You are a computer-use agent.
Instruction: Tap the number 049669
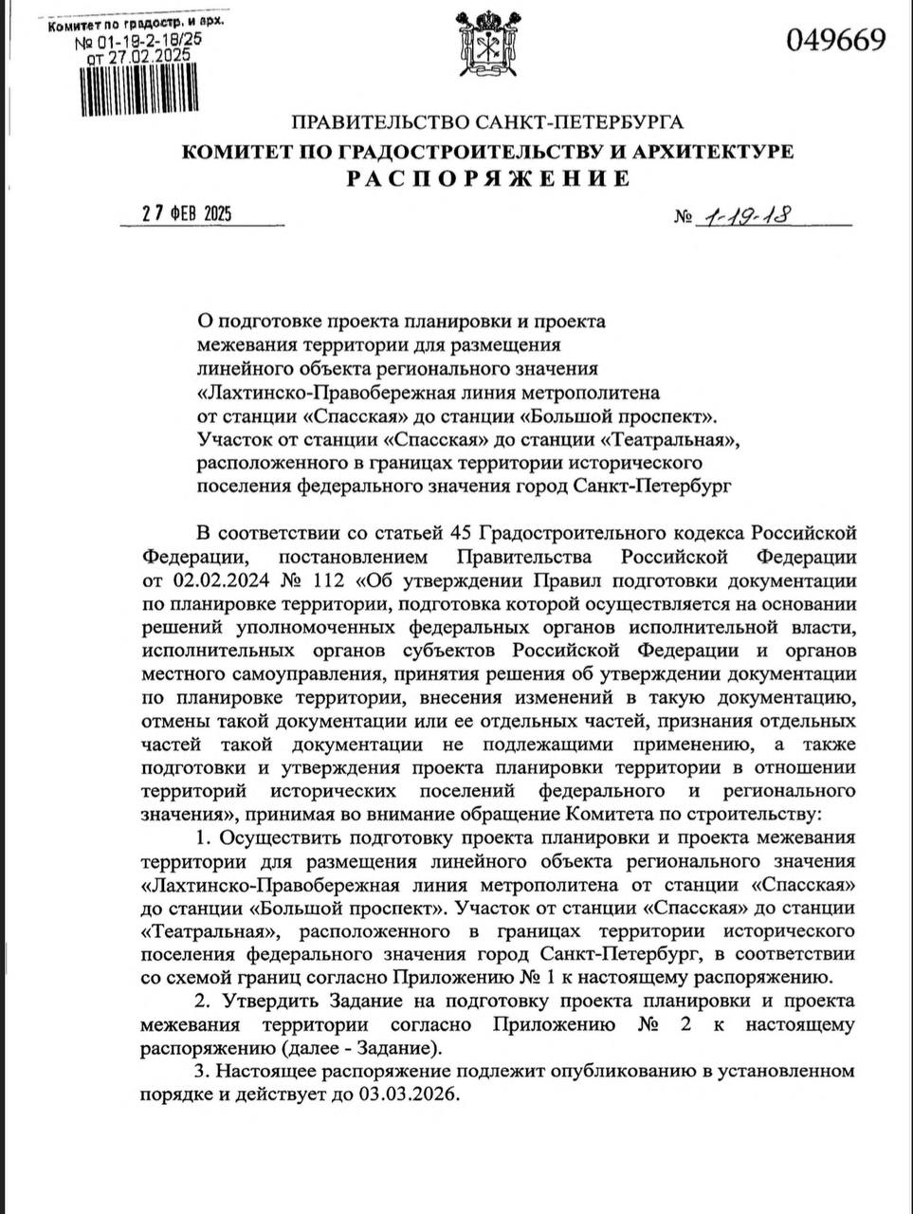835,40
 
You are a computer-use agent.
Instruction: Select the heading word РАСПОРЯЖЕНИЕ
487,178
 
